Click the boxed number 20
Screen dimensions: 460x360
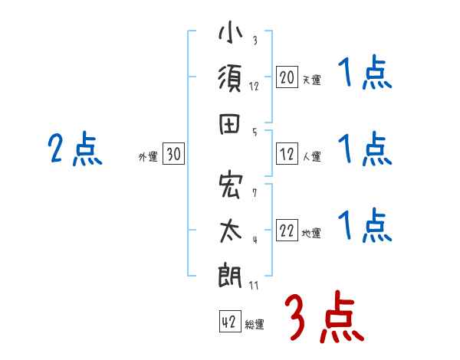(287, 77)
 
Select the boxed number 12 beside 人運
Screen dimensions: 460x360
(287, 155)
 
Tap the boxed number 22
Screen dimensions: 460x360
(287, 231)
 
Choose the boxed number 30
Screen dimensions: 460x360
(173, 155)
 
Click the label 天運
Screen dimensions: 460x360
(311, 80)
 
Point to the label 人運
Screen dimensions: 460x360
(311, 157)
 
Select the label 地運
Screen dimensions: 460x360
(311, 234)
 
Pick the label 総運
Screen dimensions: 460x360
(254, 325)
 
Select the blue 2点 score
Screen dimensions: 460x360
(75, 149)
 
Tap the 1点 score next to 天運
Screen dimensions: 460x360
(365, 75)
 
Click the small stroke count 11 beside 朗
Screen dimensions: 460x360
(253, 286)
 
